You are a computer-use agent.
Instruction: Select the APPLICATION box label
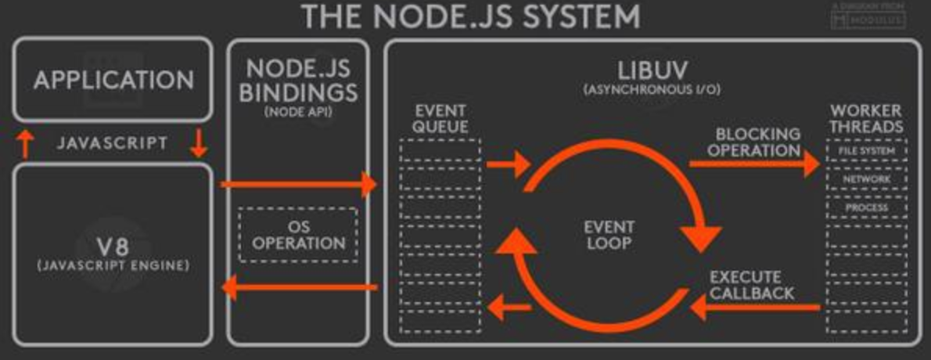113,80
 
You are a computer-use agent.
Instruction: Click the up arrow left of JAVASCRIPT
25,144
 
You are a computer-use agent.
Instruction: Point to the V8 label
113,247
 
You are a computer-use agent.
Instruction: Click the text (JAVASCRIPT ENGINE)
113,266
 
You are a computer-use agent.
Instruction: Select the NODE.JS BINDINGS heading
297,81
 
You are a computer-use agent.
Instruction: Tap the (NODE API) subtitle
297,111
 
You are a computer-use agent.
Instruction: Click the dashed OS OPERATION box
297,234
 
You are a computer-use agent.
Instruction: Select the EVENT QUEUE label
440,119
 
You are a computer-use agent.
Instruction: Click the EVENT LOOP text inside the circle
609,235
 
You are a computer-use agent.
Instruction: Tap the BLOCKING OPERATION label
757,142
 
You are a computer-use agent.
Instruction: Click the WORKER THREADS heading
866,118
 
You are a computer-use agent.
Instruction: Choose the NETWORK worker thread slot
866,179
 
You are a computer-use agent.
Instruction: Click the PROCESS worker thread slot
866,207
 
